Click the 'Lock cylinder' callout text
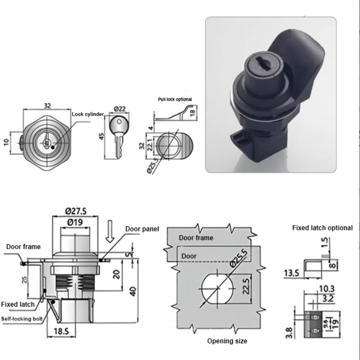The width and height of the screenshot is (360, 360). (87, 114)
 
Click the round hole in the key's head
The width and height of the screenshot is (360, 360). (118, 123)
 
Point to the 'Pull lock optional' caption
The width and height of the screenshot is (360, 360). (175, 99)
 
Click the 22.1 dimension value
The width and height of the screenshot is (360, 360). (150, 145)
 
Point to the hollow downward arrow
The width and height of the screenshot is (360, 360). (111, 229)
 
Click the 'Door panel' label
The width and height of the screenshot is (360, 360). (142, 229)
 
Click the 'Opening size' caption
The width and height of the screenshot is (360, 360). (227, 341)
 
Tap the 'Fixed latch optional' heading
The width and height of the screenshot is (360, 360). (322, 228)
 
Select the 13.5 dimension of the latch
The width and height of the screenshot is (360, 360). (291, 273)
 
